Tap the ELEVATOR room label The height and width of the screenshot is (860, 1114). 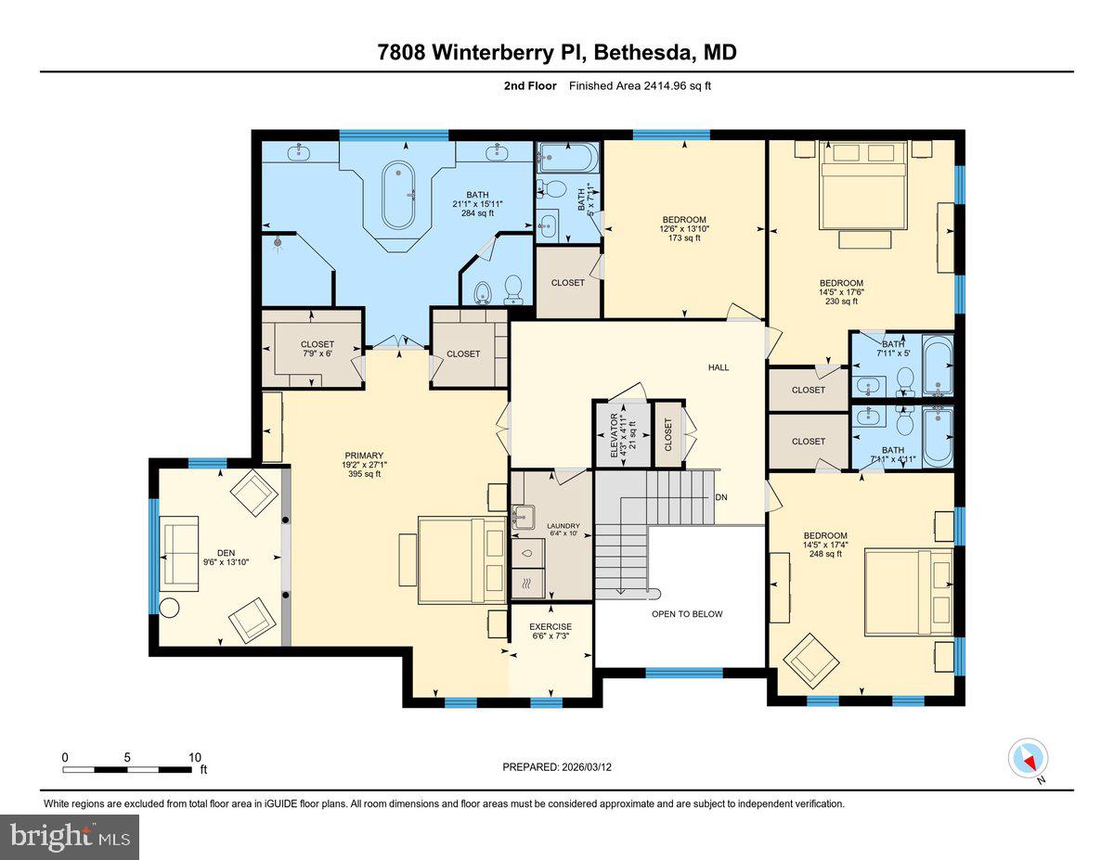click(x=612, y=432)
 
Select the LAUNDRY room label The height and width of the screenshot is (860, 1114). click(x=563, y=525)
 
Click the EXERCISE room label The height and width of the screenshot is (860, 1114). click(x=550, y=626)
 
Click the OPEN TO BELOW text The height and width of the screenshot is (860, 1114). click(x=686, y=614)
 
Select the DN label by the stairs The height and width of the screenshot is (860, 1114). click(x=721, y=497)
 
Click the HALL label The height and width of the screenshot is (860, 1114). click(x=719, y=367)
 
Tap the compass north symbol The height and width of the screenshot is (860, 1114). click(x=1028, y=758)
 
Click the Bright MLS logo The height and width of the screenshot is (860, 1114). click(x=70, y=837)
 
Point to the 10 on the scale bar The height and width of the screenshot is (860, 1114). click(x=194, y=757)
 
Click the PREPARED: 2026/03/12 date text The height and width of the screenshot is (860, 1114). click(x=556, y=767)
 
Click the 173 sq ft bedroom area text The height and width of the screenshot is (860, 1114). click(x=683, y=237)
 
